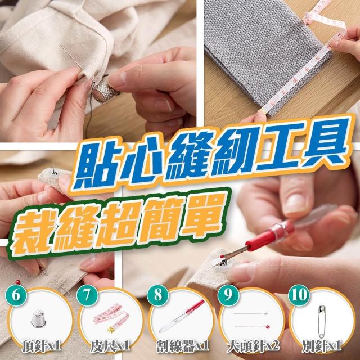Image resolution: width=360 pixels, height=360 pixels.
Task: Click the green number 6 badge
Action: [16, 295]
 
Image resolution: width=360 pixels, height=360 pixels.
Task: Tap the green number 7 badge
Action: [87, 295]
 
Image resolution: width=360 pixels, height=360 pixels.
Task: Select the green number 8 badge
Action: [158, 295]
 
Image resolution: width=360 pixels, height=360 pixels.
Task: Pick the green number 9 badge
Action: [228, 295]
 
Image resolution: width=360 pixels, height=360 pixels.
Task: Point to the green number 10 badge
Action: [299, 295]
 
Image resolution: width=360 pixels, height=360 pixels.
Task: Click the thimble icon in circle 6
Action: [39, 319]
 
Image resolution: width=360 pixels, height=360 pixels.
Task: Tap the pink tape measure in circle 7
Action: [111, 318]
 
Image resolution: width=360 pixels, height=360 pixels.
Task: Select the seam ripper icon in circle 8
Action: [182, 316]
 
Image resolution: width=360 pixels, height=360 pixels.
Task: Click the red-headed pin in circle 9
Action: [253, 327]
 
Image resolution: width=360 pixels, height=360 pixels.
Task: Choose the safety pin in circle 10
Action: [322, 321]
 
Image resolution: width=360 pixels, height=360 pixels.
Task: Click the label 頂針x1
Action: [41, 346]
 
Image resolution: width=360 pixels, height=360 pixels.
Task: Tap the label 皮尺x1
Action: [110, 346]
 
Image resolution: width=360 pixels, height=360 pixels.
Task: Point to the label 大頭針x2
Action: [253, 346]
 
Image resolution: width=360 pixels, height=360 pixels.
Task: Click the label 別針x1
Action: [322, 346]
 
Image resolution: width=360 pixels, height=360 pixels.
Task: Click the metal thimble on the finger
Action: [105, 90]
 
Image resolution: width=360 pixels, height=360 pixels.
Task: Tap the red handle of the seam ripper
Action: [270, 235]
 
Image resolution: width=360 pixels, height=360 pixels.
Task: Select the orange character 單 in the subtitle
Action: [201, 217]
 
